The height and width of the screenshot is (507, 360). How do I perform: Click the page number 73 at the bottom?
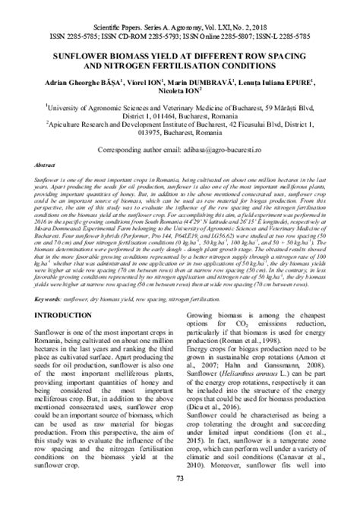[180, 498]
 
